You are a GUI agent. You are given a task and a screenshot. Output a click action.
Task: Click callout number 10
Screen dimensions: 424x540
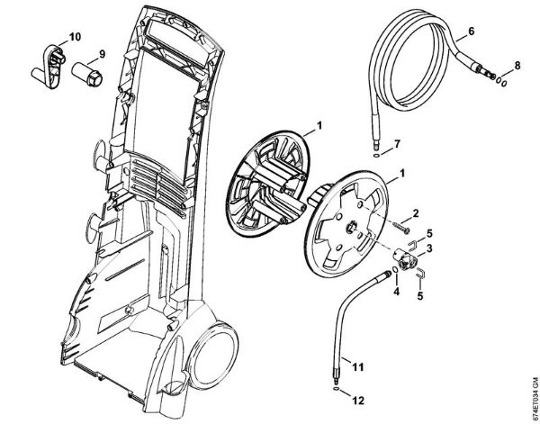tap(74, 37)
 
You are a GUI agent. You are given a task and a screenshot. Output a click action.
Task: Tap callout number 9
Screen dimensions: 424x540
tap(102, 53)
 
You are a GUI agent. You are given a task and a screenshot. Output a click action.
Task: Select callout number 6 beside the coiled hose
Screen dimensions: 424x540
tap(472, 32)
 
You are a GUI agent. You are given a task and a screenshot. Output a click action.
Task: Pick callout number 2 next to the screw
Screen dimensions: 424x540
tap(416, 212)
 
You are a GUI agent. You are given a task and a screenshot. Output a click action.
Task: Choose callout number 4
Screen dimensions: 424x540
tap(396, 290)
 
